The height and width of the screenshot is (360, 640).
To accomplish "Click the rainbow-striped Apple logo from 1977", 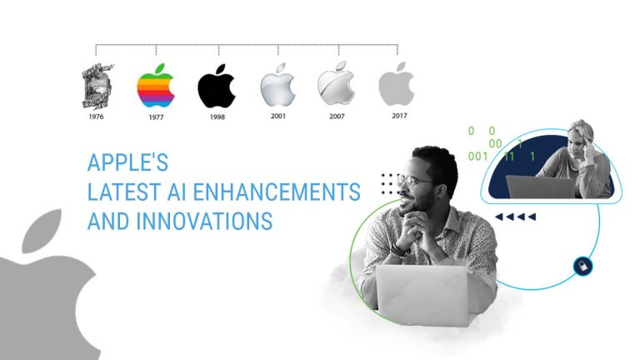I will coord(156,87).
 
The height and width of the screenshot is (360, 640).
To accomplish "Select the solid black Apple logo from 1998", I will coord(216,87).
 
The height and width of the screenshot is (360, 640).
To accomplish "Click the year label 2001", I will coord(278,116).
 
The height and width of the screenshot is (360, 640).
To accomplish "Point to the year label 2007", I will coord(337,116).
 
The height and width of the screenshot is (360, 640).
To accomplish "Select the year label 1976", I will coord(96,117).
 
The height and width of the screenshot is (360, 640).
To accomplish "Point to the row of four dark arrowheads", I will coord(515,217).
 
